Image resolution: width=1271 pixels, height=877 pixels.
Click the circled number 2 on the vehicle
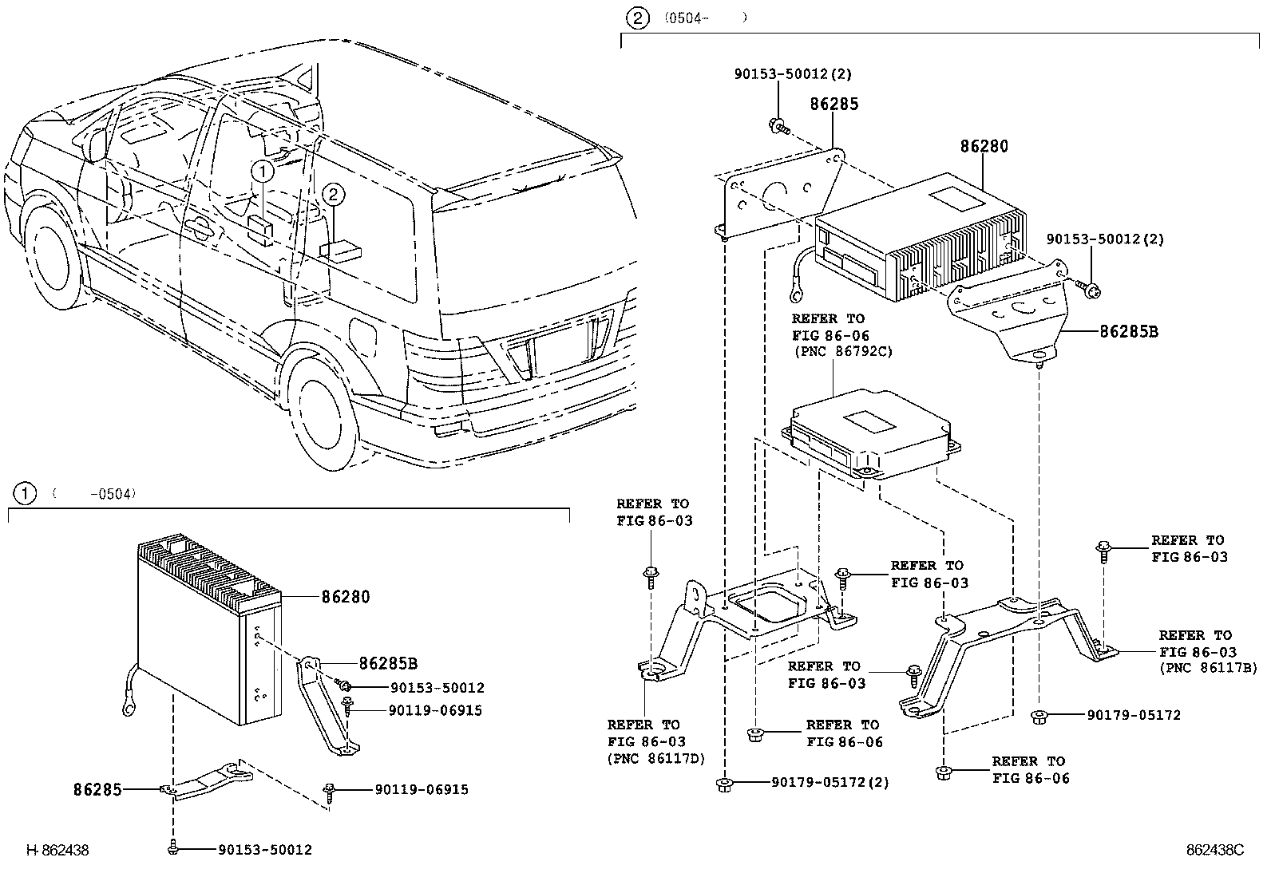point(334,194)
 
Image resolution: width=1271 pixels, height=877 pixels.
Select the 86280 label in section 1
point(346,597)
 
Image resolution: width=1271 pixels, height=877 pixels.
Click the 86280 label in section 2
point(984,147)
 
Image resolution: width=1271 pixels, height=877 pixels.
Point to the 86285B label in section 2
point(1128,331)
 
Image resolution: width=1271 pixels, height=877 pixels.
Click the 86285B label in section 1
point(388,663)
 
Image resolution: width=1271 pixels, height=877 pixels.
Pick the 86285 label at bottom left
point(97,790)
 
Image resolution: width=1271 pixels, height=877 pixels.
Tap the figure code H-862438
point(57,851)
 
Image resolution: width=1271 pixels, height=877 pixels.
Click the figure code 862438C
point(1214,851)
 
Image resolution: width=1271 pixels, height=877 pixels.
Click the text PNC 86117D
point(656,759)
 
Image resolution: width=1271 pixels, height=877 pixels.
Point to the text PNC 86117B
point(1208,669)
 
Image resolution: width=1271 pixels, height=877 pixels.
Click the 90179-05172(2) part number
point(830,783)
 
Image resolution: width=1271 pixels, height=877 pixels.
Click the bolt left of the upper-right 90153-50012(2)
point(1087,286)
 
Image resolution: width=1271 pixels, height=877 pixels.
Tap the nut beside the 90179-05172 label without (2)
point(1040,716)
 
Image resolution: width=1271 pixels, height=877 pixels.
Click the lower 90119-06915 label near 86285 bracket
point(421,790)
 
